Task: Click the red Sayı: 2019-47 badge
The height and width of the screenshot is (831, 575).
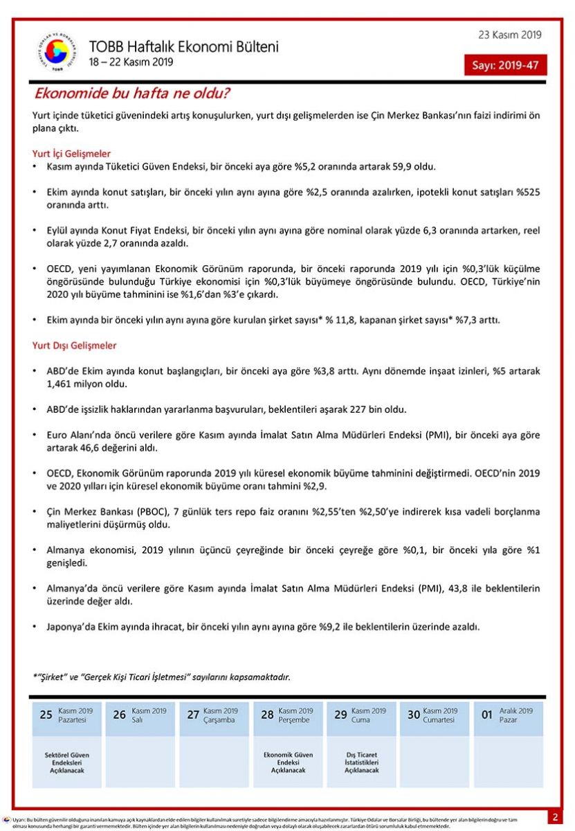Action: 505,65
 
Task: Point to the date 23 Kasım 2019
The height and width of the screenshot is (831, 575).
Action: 510,35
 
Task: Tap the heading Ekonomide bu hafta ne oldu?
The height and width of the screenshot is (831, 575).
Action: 132,93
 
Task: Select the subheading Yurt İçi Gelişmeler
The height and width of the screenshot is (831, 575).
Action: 71,154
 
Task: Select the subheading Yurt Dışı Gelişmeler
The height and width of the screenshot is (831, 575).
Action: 74,346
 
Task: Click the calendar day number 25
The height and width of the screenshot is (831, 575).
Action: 46,715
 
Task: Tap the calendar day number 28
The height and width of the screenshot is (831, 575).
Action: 267,715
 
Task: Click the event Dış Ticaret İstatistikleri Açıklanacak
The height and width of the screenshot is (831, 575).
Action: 361,762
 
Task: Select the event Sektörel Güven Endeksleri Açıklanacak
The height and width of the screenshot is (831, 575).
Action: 66,762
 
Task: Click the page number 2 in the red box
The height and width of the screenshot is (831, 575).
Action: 555,818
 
